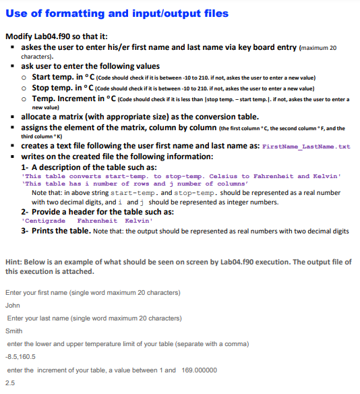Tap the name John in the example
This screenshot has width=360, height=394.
pos(12,305)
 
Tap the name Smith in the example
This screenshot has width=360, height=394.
pos(13,331)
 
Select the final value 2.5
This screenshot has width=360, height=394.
pos(9,383)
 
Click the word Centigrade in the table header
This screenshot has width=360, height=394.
pos(45,221)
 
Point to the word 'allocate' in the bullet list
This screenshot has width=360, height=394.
pos(38,116)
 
